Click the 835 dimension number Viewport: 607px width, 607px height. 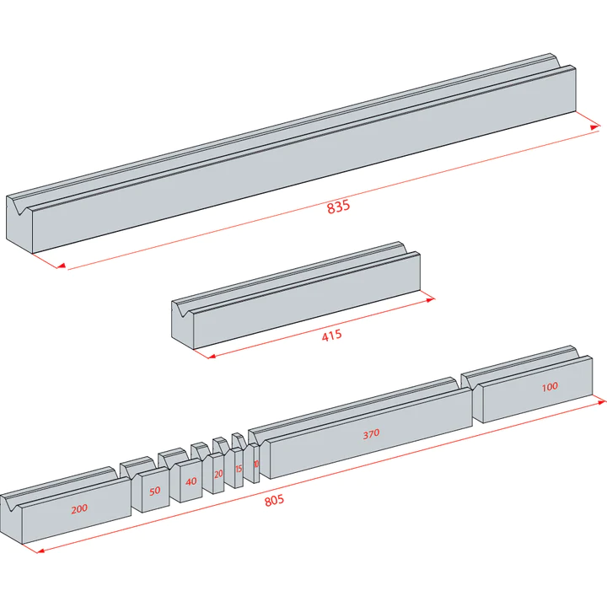pyautogui.click(x=338, y=207)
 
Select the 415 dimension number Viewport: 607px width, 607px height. pyautogui.click(x=331, y=336)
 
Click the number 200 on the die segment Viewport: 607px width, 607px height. pyautogui.click(x=78, y=509)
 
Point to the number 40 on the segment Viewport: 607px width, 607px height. pyautogui.click(x=191, y=481)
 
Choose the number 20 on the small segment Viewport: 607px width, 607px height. pyautogui.click(x=218, y=474)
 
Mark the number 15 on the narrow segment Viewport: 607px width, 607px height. pyautogui.click(x=239, y=468)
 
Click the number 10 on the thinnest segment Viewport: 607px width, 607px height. pyautogui.click(x=255, y=464)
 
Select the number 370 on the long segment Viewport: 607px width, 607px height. pyautogui.click(x=371, y=433)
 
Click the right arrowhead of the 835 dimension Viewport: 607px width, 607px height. pyautogui.click(x=595, y=127)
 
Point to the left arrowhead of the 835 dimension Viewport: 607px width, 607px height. pyautogui.click(x=60, y=266)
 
